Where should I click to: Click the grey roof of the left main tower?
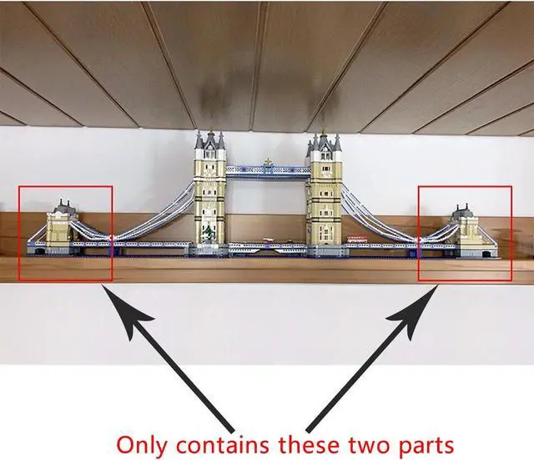[x=209, y=144]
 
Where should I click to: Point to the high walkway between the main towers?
[x=265, y=173]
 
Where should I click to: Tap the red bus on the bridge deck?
[x=357, y=240]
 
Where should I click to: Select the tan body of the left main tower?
[x=209, y=200]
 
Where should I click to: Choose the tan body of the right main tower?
[x=321, y=200]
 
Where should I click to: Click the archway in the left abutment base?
[x=39, y=249]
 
